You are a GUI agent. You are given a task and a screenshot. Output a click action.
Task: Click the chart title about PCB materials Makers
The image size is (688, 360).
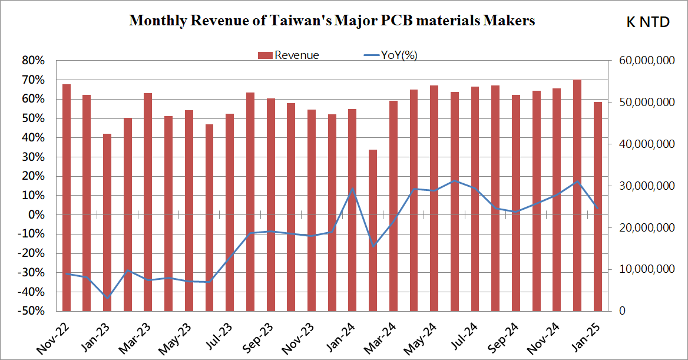click(332, 21)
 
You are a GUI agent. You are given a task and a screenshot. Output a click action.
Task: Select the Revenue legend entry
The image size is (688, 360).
click(289, 55)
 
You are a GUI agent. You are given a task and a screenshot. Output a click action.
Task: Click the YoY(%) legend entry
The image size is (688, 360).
click(391, 55)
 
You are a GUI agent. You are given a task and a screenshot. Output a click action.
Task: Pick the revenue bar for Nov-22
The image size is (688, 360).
click(67, 197)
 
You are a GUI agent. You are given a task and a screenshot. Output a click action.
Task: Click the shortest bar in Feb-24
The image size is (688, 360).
click(373, 230)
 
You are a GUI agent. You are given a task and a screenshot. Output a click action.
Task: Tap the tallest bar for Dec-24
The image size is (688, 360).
click(577, 195)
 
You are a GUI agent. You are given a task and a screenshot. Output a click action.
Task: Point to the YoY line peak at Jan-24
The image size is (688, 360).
click(352, 189)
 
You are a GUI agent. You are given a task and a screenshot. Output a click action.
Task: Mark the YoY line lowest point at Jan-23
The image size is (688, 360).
click(107, 298)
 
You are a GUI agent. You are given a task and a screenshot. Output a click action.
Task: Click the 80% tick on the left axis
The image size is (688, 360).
click(34, 61)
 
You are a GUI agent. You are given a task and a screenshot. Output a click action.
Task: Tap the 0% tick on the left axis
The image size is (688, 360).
click(37, 215)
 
